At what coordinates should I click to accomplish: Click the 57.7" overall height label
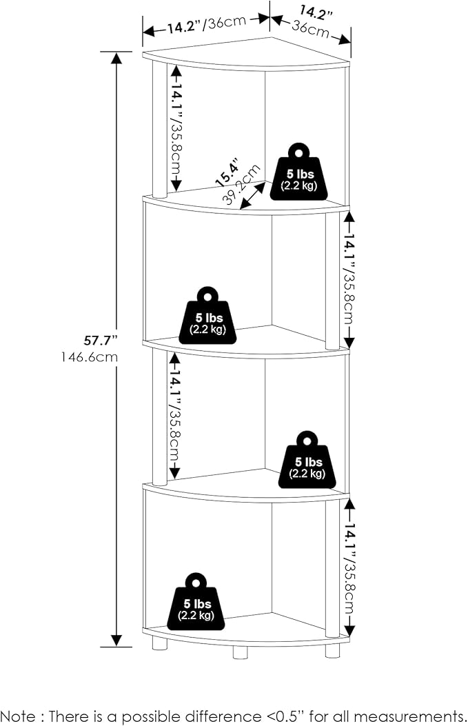tap(98, 341)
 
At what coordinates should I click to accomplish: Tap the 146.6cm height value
tap(90, 357)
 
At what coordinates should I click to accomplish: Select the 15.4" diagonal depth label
tap(227, 172)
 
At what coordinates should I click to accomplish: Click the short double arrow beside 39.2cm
tap(253, 195)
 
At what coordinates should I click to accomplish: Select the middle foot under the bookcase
tap(240, 652)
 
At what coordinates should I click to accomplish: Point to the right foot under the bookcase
tap(332, 650)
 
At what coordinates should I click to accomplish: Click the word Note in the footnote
tap(18, 716)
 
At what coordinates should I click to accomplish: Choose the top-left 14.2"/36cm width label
tap(207, 25)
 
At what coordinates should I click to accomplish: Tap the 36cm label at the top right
tap(311, 29)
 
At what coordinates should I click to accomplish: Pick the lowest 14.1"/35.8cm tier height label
tap(349, 567)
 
